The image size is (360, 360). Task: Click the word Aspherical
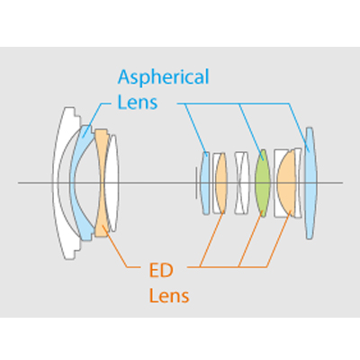[x=163, y=77]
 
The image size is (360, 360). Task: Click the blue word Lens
[x=138, y=103]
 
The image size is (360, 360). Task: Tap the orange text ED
[x=161, y=271]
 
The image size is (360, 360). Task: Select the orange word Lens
[x=169, y=295]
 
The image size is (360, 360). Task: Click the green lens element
[x=263, y=183]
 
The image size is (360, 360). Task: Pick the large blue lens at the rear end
[x=310, y=183]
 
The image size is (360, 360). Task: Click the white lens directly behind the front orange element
[x=112, y=183]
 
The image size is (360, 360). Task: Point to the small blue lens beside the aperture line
[x=204, y=183]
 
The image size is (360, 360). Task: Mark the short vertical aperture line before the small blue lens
[x=196, y=183]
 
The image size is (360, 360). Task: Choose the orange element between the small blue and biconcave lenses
[x=221, y=183]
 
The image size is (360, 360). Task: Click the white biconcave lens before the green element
[x=242, y=183]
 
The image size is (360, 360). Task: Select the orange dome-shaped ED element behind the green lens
[x=286, y=183]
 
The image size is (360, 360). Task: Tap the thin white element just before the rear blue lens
[x=298, y=183]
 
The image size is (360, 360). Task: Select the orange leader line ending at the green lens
[x=251, y=239]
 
